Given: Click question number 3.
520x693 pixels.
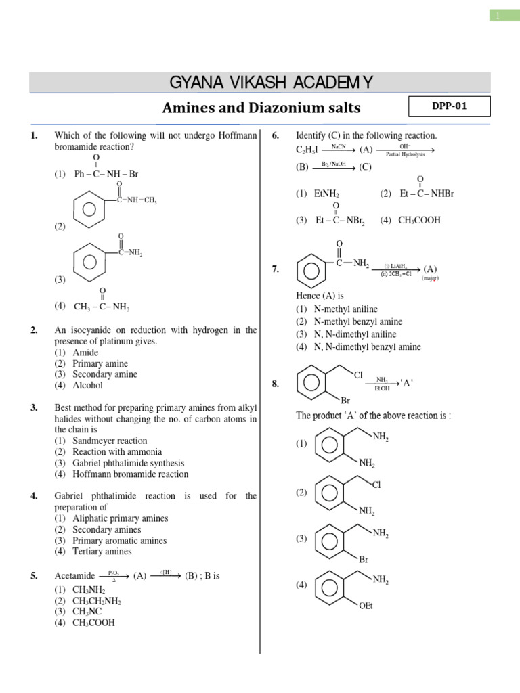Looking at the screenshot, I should (33, 408).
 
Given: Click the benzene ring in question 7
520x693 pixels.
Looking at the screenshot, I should (310, 270).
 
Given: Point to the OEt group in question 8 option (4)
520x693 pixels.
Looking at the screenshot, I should (366, 606).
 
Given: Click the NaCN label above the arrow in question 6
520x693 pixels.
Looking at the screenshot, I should (339, 146).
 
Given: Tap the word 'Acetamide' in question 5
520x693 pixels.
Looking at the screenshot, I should (74, 576).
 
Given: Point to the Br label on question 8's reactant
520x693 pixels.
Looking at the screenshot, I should (345, 401).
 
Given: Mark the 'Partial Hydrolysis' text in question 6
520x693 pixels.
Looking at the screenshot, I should (405, 154).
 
